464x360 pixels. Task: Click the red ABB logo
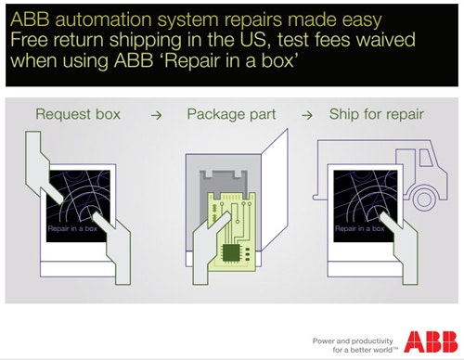tap(431, 341)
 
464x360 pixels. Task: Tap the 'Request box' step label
tap(78, 114)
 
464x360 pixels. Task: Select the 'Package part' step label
tap(231, 115)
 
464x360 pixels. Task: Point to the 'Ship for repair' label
tap(377, 114)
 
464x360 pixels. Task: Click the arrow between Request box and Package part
tap(157, 116)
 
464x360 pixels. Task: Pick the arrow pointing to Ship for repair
tap(307, 116)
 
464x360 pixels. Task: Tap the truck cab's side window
tap(426, 158)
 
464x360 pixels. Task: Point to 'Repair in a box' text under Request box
tap(72, 228)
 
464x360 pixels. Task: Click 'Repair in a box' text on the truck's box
tap(359, 228)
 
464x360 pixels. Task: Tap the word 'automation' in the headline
tap(103, 19)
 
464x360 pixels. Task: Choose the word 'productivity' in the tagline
tap(372, 341)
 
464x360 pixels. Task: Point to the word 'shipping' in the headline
tap(146, 41)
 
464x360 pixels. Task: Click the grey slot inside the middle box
tap(224, 183)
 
